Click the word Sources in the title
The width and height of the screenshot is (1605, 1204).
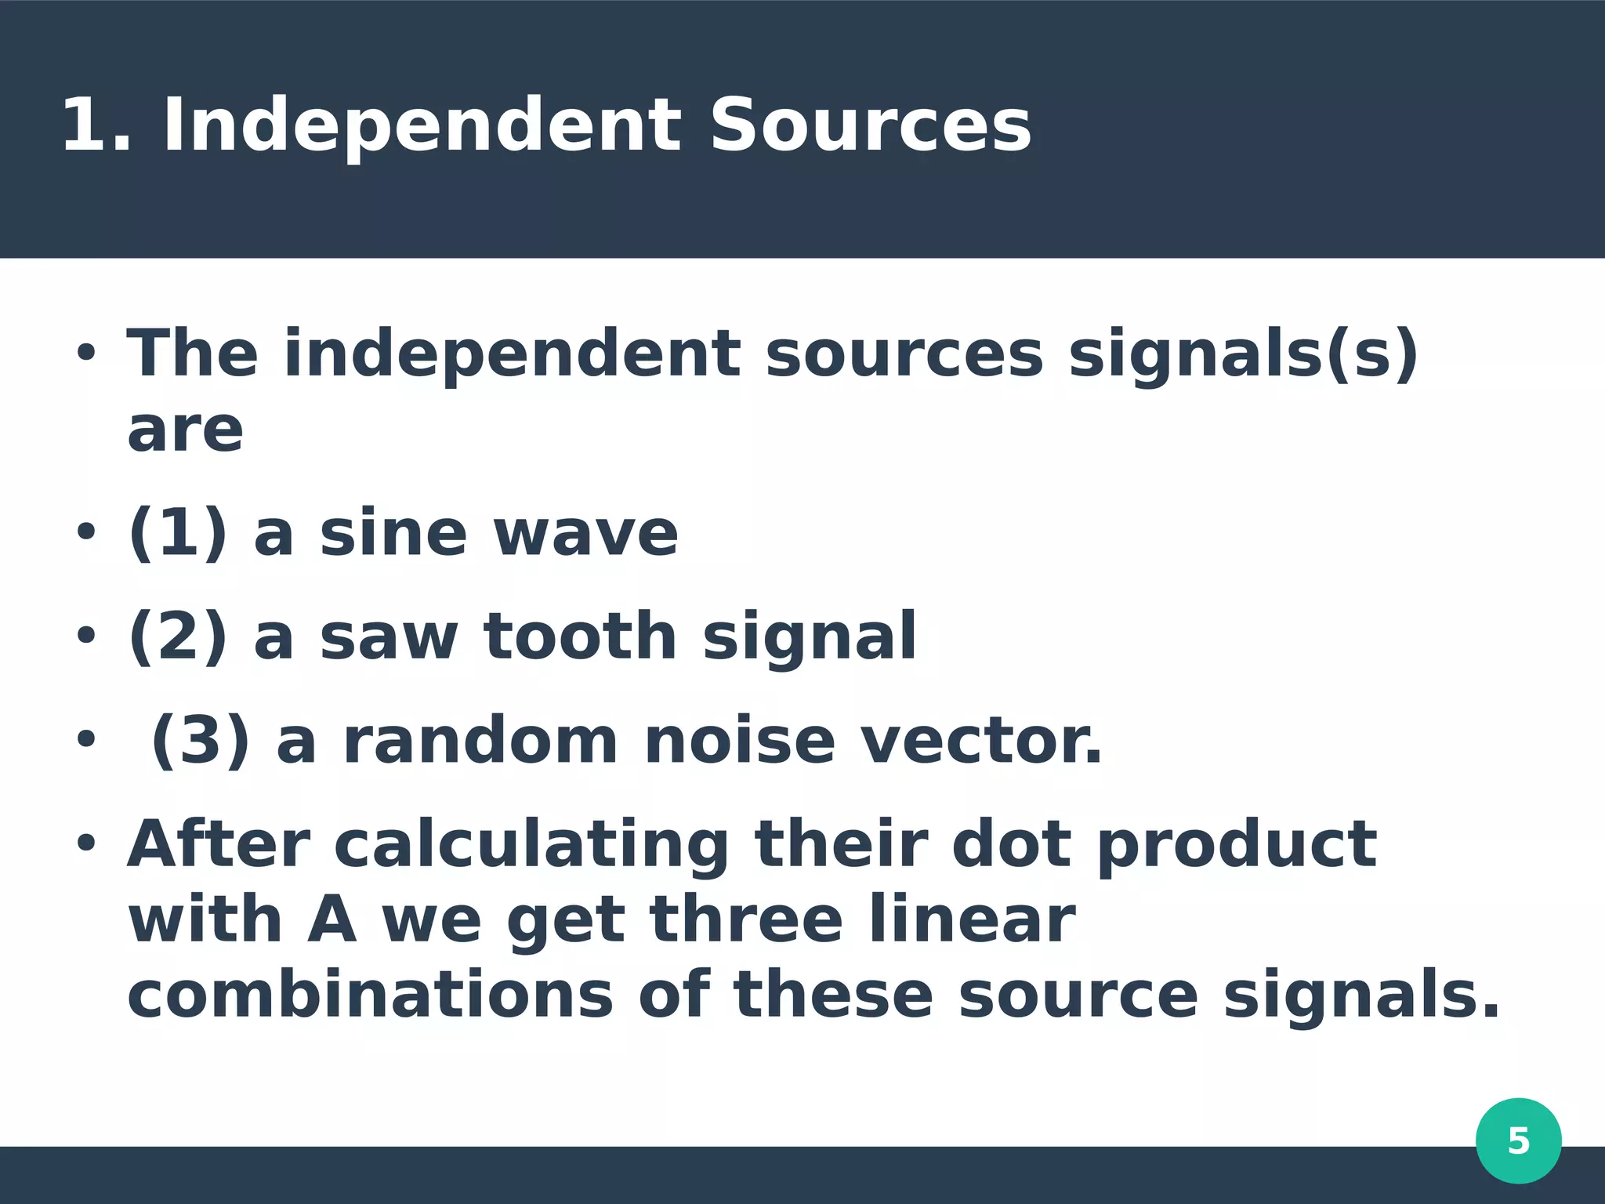pyautogui.click(x=870, y=125)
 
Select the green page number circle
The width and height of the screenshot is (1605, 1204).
pyautogui.click(x=1518, y=1141)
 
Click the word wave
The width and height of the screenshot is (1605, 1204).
pyautogui.click(x=585, y=535)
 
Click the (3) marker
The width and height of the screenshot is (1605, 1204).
pyautogui.click(x=201, y=741)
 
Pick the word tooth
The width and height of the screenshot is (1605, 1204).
pyautogui.click(x=580, y=636)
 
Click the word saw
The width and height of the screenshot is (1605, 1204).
pyautogui.click(x=389, y=638)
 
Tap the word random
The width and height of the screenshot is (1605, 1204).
pyautogui.click(x=481, y=741)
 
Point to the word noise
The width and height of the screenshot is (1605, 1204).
pyautogui.click(x=739, y=741)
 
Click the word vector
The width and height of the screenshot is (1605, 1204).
pyautogui.click(x=981, y=741)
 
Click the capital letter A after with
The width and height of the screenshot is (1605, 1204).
pyautogui.click(x=332, y=920)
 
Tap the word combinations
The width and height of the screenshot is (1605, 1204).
pyautogui.click(x=370, y=995)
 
